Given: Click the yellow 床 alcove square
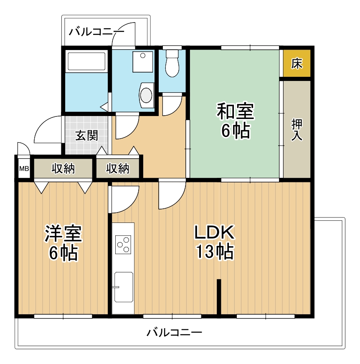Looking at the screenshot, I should (x=297, y=63).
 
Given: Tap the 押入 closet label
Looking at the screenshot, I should (x=297, y=129).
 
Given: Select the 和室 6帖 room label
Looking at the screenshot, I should (x=235, y=121).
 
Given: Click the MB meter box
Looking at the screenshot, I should (x=24, y=169).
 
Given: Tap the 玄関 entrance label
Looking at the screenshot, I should (x=86, y=136).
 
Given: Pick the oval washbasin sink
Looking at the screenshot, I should (x=146, y=94).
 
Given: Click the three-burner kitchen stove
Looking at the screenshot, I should (x=123, y=244).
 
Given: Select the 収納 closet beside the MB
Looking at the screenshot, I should (x=63, y=169).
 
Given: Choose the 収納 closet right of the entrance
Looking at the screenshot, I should (x=117, y=169).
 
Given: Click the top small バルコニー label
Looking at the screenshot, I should (x=96, y=31).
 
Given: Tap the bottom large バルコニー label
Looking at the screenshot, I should (x=175, y=333).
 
